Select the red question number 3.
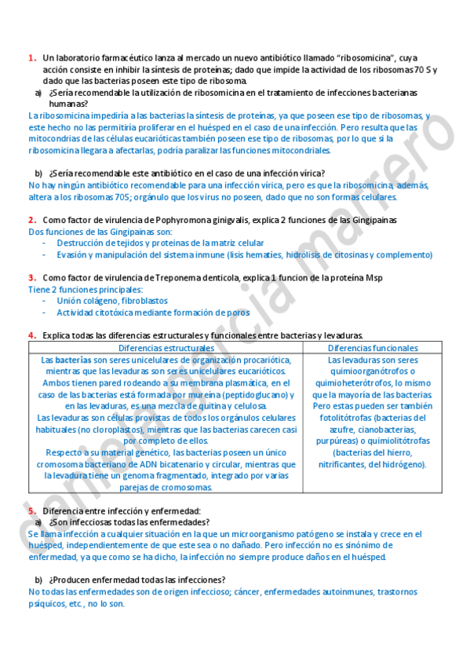tap(31, 277)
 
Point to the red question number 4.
tap(31, 335)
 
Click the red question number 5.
tap(31, 510)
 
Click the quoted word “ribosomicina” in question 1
tap(365, 58)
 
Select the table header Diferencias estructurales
tap(166, 347)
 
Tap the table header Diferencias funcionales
tap(373, 347)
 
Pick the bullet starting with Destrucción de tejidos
tap(160, 243)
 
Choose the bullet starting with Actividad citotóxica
tap(153, 313)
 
